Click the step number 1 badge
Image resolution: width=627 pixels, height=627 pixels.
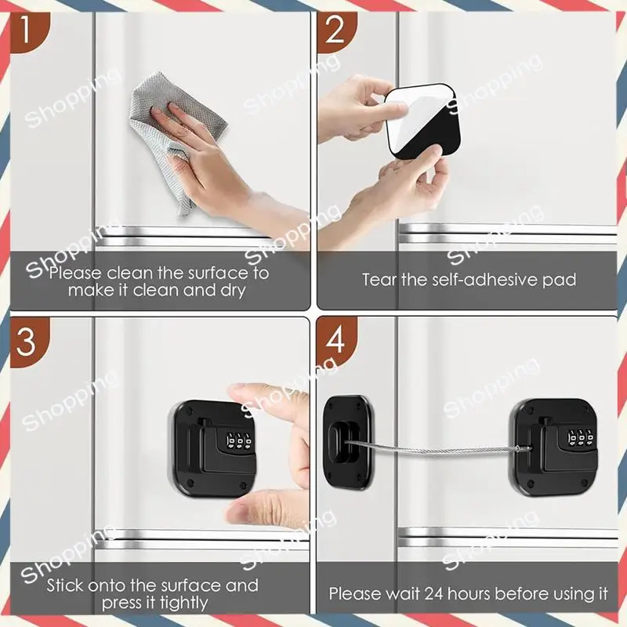29,32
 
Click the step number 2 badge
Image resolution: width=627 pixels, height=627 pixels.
335,32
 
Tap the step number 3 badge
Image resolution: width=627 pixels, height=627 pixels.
29,342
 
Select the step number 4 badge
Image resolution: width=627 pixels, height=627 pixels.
335,341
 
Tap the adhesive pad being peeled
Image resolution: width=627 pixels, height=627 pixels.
422,121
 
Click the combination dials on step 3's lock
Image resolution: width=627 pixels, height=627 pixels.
239,440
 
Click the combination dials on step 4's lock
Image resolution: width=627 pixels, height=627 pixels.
581,438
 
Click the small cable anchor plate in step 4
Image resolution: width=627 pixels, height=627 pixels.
348,442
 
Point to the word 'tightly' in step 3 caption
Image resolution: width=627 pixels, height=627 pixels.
184,603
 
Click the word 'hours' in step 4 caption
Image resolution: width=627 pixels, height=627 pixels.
469,594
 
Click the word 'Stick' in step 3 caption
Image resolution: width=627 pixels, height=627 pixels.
65,585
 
